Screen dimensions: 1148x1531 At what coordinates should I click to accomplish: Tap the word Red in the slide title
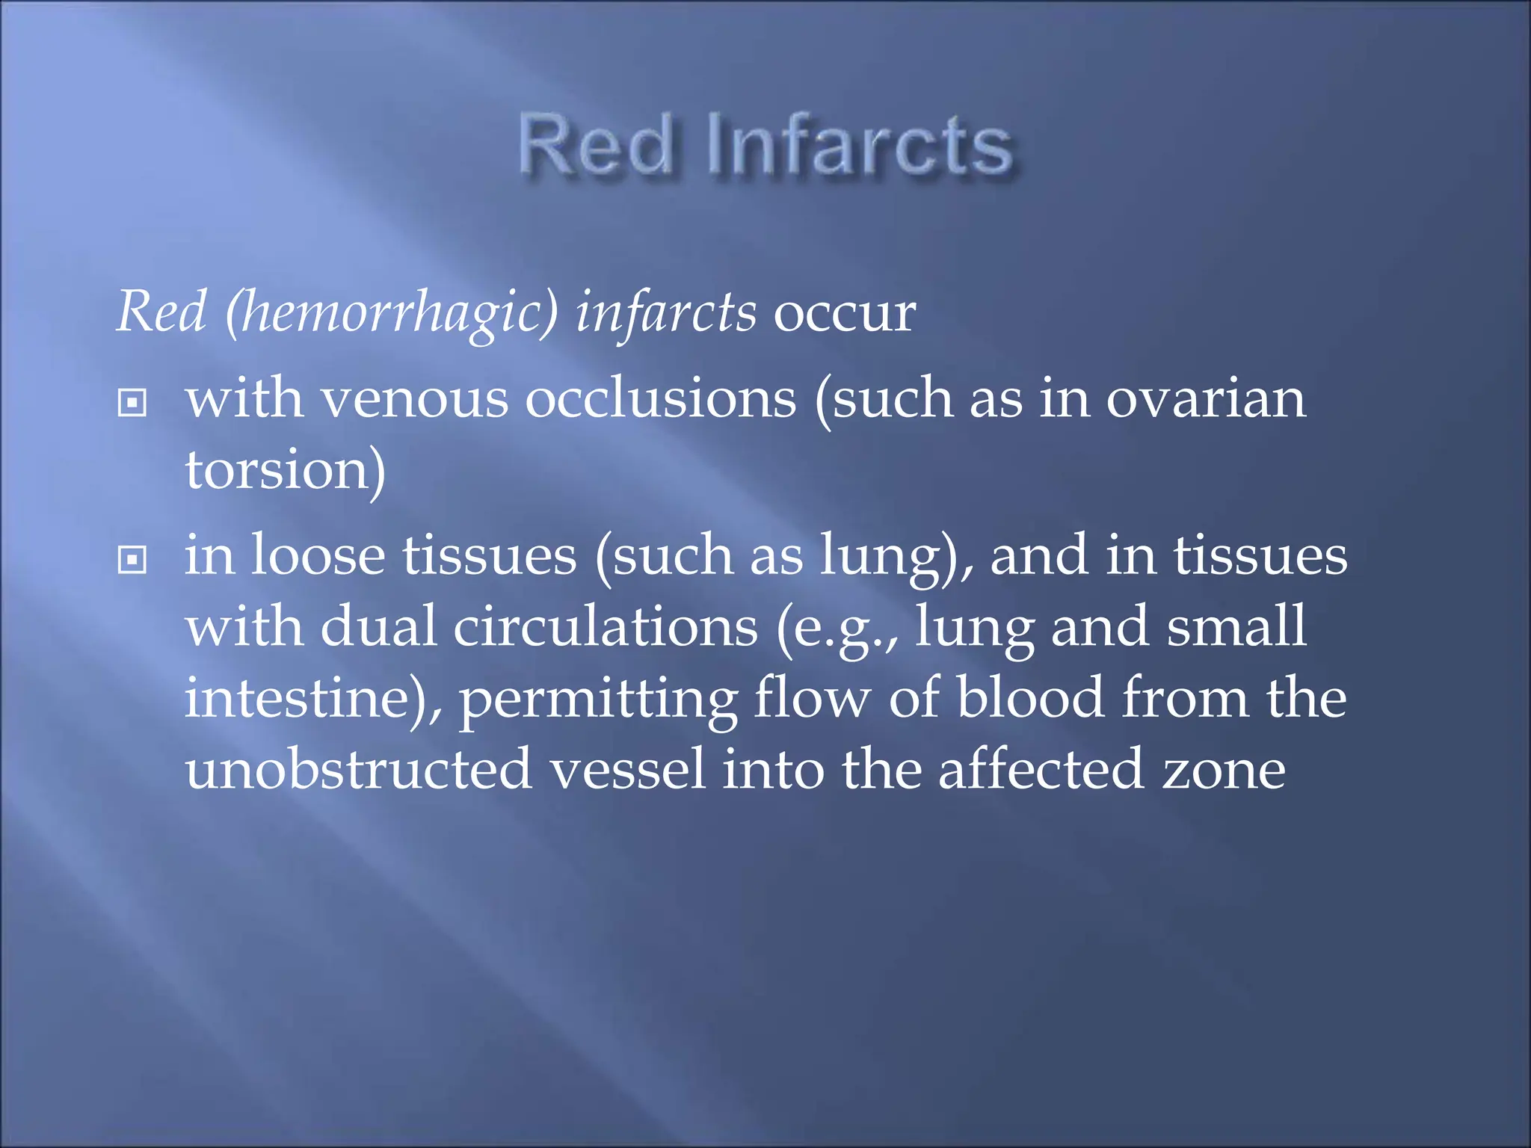tap(597, 146)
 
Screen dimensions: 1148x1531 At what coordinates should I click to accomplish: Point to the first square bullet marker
tap(132, 403)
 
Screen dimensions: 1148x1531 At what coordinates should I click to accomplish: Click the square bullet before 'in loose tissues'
tap(132, 559)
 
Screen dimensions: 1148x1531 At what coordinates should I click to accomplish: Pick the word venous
tap(414, 399)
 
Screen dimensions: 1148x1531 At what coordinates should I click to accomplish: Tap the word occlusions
tap(661, 399)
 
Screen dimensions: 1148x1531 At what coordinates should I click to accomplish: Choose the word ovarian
tap(1206, 399)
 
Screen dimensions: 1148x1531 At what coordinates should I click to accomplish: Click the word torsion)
tap(286, 471)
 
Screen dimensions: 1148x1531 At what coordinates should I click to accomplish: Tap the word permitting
tap(598, 700)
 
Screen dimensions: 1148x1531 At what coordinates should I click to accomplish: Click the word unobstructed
tap(359, 770)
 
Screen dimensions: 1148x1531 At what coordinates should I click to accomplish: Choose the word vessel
tap(628, 770)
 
